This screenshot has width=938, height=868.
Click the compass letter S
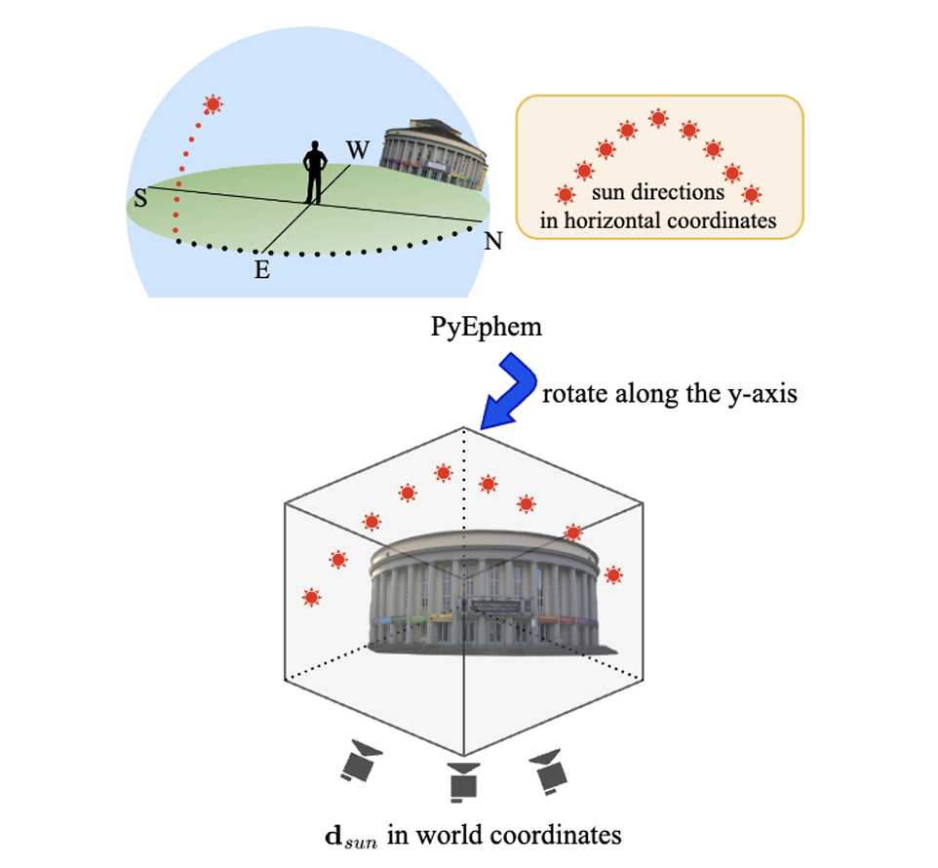click(x=141, y=198)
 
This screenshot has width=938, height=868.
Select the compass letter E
click(x=261, y=270)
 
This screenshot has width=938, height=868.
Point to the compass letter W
click(x=358, y=152)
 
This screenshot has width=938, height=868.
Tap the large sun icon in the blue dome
click(x=213, y=103)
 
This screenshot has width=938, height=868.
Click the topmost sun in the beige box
click(x=658, y=119)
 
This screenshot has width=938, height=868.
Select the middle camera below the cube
click(x=462, y=779)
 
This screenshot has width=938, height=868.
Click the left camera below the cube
click(x=361, y=762)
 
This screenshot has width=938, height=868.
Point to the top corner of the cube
click(x=463, y=429)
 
